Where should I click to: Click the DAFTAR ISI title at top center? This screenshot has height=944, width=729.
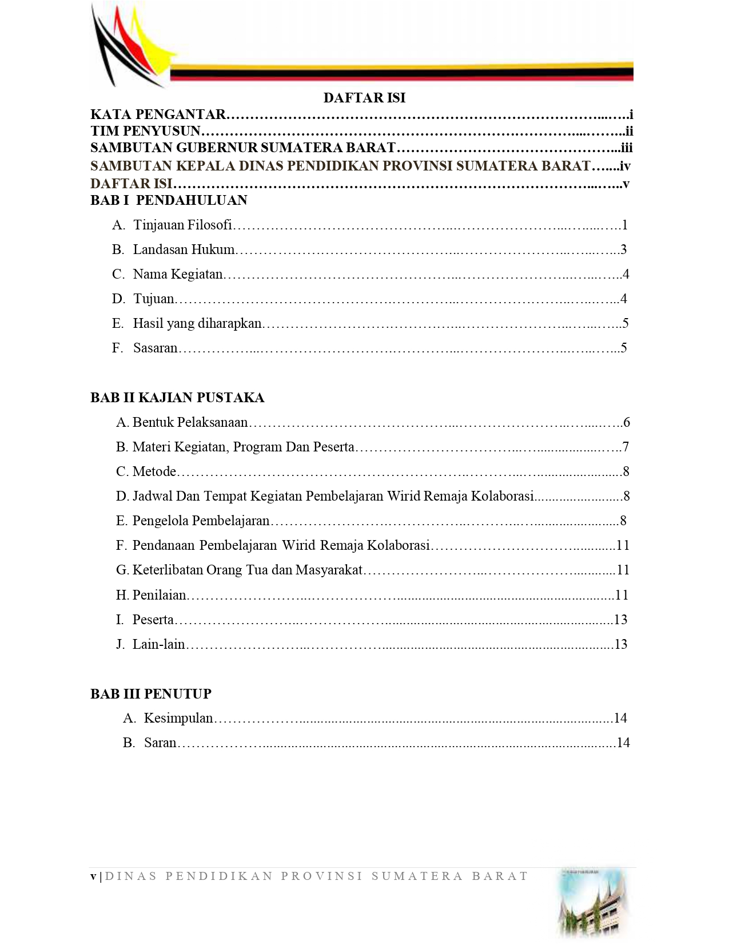click(364, 98)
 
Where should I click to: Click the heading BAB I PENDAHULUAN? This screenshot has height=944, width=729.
click(169, 200)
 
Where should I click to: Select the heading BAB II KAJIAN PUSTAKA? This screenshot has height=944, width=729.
click(177, 398)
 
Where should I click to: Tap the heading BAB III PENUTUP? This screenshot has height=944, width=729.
click(151, 694)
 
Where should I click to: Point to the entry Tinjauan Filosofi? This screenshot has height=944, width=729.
click(182, 225)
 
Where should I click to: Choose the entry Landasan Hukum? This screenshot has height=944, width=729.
click(184, 249)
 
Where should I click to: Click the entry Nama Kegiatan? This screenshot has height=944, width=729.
click(178, 274)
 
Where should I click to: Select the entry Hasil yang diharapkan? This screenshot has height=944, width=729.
click(197, 323)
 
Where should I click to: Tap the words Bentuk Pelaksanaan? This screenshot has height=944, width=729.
click(190, 422)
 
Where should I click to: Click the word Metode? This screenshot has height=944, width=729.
click(154, 471)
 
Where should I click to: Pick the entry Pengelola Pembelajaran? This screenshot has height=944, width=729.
click(201, 521)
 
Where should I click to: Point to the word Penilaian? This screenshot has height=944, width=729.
click(160, 595)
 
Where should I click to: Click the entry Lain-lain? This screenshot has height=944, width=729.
click(159, 644)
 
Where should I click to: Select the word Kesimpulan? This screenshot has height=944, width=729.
click(178, 718)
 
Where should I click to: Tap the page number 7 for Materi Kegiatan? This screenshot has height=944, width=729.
click(626, 447)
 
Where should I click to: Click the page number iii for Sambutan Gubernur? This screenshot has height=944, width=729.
click(627, 148)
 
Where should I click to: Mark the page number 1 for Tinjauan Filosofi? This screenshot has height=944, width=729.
click(625, 225)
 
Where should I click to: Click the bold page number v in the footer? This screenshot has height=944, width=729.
click(93, 876)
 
